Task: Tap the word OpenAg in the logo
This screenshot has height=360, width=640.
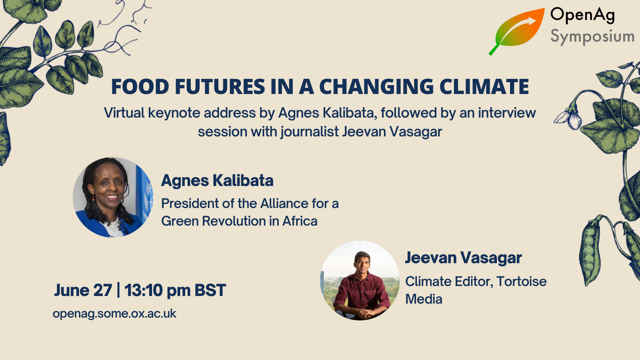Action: click(x=582, y=16)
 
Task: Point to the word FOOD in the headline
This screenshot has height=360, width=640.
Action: click(x=140, y=86)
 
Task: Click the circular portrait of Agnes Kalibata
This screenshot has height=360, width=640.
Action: click(x=113, y=197)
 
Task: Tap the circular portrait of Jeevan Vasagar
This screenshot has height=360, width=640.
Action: click(x=360, y=280)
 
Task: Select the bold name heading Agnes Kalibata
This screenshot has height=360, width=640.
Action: click(x=217, y=181)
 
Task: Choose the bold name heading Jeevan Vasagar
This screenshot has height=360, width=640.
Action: click(x=463, y=258)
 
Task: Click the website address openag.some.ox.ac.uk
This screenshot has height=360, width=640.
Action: click(x=114, y=314)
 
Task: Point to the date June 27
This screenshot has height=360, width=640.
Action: click(x=83, y=290)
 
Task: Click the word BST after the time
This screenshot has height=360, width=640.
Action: click(x=210, y=290)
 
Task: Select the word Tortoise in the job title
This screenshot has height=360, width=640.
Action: click(x=522, y=282)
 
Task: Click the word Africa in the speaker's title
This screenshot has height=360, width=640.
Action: click(x=300, y=221)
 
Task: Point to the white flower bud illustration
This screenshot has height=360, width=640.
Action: click(x=568, y=117)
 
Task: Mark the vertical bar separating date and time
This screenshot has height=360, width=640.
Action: click(x=118, y=290)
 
